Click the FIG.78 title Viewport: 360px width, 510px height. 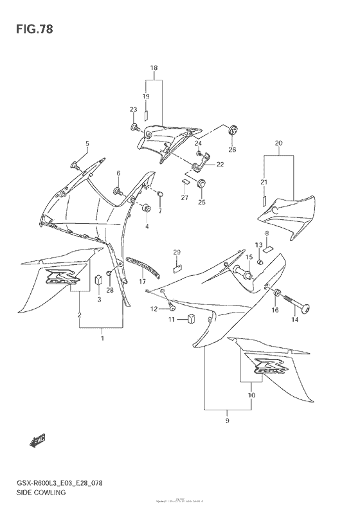(x=30, y=30)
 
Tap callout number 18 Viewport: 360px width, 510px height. (x=154, y=68)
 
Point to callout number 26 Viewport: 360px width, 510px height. (x=233, y=150)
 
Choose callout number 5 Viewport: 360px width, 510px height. (x=88, y=143)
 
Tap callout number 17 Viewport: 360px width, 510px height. (x=143, y=282)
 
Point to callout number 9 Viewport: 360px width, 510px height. (x=227, y=421)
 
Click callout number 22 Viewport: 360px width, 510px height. (x=220, y=165)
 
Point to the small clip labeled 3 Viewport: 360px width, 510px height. (x=98, y=280)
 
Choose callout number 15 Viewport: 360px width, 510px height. (x=248, y=258)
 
